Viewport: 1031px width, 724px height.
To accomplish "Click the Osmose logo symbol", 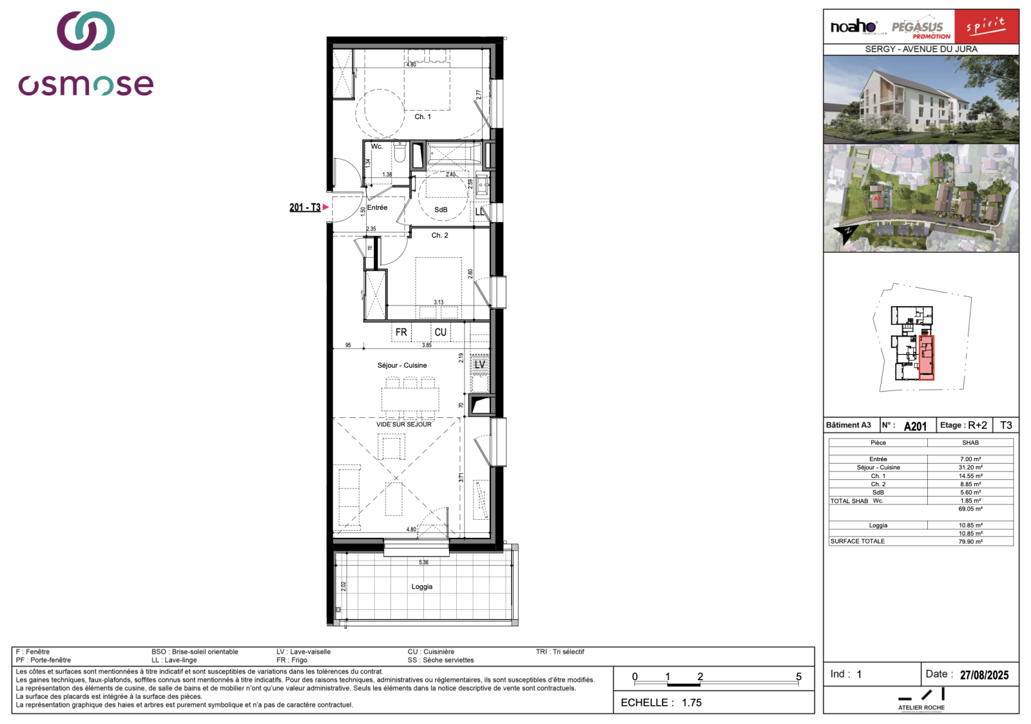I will pyautogui.click(x=86, y=31).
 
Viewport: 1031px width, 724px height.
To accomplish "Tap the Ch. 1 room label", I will pyautogui.click(x=423, y=117).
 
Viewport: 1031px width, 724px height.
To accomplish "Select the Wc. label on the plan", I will pyautogui.click(x=377, y=147).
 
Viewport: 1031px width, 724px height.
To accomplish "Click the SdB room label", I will pyautogui.click(x=441, y=210).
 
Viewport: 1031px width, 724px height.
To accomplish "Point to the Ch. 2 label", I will pyautogui.click(x=439, y=235).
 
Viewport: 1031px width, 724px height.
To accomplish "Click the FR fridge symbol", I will pyautogui.click(x=401, y=332).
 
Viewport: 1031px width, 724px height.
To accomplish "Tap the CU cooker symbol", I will pyautogui.click(x=440, y=332).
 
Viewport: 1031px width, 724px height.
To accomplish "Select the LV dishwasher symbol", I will pyautogui.click(x=479, y=365).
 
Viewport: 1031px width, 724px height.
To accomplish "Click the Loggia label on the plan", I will pyautogui.click(x=422, y=587).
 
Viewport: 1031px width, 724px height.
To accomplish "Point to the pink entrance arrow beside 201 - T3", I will pyautogui.click(x=326, y=207).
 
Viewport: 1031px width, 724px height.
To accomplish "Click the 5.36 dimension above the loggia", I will pyautogui.click(x=423, y=562).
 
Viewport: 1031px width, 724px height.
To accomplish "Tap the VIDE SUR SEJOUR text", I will pyautogui.click(x=404, y=424).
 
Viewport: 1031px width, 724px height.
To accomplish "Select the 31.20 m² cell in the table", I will pyautogui.click(x=970, y=468).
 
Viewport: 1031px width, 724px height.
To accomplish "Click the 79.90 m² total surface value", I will pyautogui.click(x=970, y=542).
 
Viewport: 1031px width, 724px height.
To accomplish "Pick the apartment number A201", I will pyautogui.click(x=915, y=426).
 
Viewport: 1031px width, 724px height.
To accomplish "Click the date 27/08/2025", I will pyautogui.click(x=984, y=675).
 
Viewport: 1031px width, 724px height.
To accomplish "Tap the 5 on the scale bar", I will pyautogui.click(x=798, y=676).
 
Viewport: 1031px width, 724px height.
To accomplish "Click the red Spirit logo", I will pyautogui.click(x=986, y=26).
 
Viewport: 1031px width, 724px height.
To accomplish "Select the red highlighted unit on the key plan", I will pyautogui.click(x=926, y=357).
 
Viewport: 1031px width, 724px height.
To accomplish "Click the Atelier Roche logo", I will pyautogui.click(x=921, y=700).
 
